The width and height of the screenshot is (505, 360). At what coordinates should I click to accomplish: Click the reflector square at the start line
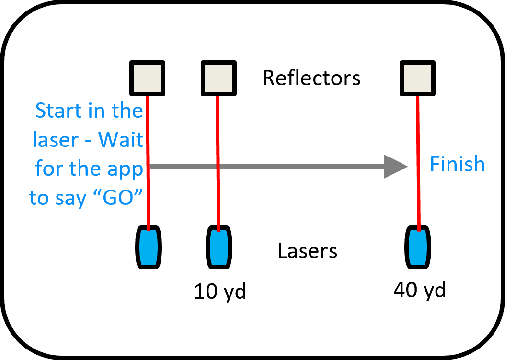(148, 78)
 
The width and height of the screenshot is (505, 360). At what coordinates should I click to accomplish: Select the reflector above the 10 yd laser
(218, 78)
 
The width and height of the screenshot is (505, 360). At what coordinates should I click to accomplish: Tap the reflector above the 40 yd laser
(418, 78)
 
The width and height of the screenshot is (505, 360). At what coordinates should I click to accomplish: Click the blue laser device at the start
(149, 247)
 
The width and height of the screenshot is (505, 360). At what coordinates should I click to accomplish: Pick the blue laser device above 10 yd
(219, 247)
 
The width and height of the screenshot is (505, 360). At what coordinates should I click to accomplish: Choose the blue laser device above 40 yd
(419, 247)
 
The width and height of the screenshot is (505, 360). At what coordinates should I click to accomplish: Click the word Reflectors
(311, 78)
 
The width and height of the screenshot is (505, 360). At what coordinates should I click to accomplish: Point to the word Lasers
(307, 251)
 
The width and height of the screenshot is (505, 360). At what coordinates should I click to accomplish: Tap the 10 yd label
(220, 291)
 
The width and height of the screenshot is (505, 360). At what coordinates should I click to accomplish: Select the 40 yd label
(419, 290)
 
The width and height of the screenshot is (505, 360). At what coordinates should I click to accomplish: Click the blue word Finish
(457, 164)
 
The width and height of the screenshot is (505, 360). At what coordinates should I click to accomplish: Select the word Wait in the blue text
(121, 140)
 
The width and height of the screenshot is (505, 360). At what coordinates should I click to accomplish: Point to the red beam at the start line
(148, 211)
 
